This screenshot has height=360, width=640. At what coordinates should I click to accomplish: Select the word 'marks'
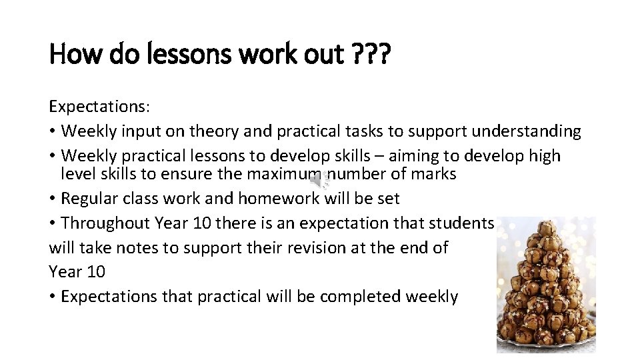point(433,175)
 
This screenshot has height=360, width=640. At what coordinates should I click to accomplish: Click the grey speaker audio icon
point(321,180)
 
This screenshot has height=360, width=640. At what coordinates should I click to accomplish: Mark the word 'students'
point(461,223)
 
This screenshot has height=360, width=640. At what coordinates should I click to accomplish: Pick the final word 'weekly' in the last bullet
point(431,297)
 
